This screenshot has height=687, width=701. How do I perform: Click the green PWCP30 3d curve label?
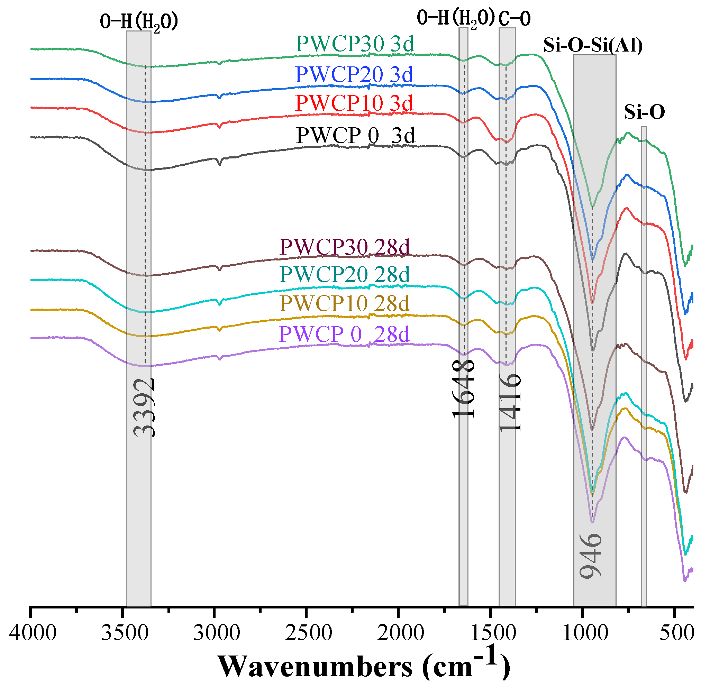(x=354, y=44)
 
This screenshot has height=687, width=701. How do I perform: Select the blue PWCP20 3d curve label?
(x=354, y=75)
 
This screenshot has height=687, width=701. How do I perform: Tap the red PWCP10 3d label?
(x=354, y=103)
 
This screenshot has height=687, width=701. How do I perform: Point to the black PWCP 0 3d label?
(x=355, y=136)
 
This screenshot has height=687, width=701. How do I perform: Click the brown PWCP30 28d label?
(x=344, y=248)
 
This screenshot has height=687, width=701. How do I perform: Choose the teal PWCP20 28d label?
(x=344, y=275)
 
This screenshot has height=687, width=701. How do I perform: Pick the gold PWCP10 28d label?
(x=344, y=303)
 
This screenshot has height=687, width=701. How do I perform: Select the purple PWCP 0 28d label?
(x=344, y=334)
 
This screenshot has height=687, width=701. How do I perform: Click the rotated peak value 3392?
(x=144, y=407)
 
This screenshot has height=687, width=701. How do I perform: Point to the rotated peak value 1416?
(x=510, y=402)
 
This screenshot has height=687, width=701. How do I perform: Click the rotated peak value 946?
(x=591, y=556)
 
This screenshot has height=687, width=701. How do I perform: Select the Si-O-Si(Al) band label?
(x=593, y=46)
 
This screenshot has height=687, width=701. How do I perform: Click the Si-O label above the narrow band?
(x=644, y=112)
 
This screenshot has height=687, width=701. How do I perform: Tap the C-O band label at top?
(x=515, y=18)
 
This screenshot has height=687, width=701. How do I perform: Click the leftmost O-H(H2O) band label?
(x=139, y=22)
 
